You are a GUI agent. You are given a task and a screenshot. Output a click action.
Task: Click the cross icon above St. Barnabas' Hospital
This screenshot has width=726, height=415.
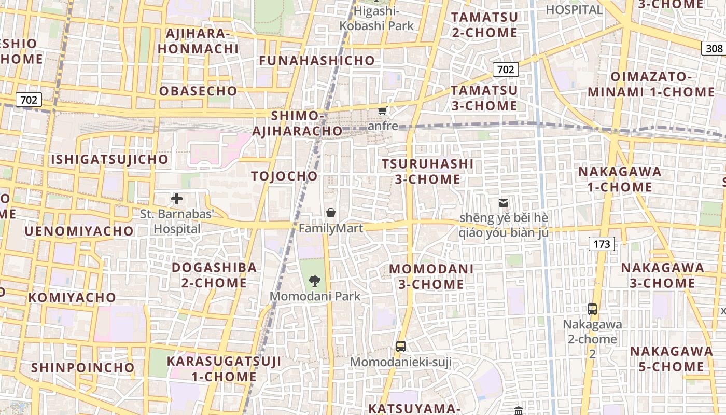pos(177,198)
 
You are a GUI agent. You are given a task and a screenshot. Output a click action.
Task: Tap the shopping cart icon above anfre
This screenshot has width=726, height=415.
pos(383,110)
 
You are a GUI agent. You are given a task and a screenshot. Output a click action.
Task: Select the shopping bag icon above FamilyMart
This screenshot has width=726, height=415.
pos(331,213)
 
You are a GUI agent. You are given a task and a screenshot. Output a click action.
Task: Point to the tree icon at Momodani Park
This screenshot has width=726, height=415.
pos(314,281)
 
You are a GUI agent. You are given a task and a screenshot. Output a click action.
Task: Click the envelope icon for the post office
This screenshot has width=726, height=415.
pos(503,203)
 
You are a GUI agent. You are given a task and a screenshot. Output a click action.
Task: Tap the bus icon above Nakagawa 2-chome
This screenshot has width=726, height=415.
pos(592,309)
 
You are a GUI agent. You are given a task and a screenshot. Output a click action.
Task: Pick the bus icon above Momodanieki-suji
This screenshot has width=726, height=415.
pos(400,347)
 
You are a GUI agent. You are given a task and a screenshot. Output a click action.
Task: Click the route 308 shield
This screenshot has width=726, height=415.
pos(714,49)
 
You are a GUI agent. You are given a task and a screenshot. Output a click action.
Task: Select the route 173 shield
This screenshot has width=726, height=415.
pos(602,243)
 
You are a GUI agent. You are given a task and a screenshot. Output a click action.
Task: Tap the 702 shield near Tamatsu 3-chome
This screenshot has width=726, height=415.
pos(505,70)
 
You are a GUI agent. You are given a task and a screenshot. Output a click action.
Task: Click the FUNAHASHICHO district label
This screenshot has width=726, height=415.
pos(317,61)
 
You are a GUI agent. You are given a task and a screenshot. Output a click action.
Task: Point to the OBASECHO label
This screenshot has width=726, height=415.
pos(198,91)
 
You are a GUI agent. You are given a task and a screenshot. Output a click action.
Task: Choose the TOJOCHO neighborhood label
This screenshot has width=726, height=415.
pos(284,176)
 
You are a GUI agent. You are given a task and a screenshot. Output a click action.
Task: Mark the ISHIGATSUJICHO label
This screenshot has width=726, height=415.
pos(109,159)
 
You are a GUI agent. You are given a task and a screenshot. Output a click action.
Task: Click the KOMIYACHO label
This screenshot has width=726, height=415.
pos(72,298)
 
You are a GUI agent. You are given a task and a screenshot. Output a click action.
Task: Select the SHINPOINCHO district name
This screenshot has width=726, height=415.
pos(83,368)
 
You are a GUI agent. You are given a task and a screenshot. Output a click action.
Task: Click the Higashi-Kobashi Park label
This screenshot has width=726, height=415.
pos(376,18)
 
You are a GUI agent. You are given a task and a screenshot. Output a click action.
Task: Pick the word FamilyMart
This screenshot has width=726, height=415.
pos(331,228)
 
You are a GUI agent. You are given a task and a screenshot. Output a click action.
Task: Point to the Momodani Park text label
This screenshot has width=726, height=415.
pos(315,296)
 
